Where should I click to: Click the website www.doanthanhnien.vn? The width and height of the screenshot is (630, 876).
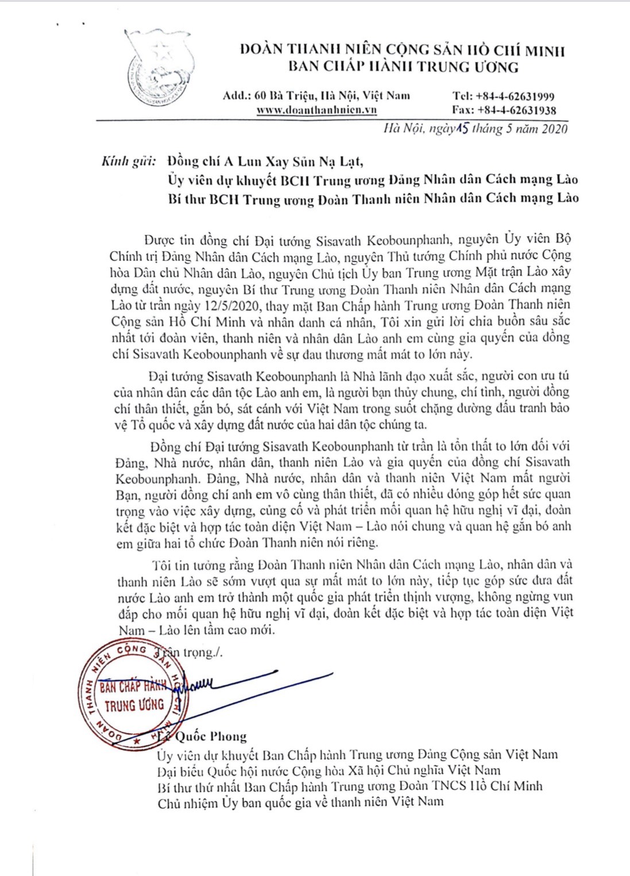pyautogui.click(x=316, y=110)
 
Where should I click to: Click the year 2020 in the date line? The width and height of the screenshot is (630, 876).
pyautogui.click(x=554, y=129)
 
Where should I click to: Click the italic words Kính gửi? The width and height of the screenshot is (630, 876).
pyautogui.click(x=129, y=161)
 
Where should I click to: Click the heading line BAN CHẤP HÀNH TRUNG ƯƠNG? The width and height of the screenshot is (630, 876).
pyautogui.click(x=403, y=67)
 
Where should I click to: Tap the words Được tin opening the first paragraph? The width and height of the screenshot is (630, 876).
pyautogui.click(x=169, y=239)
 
